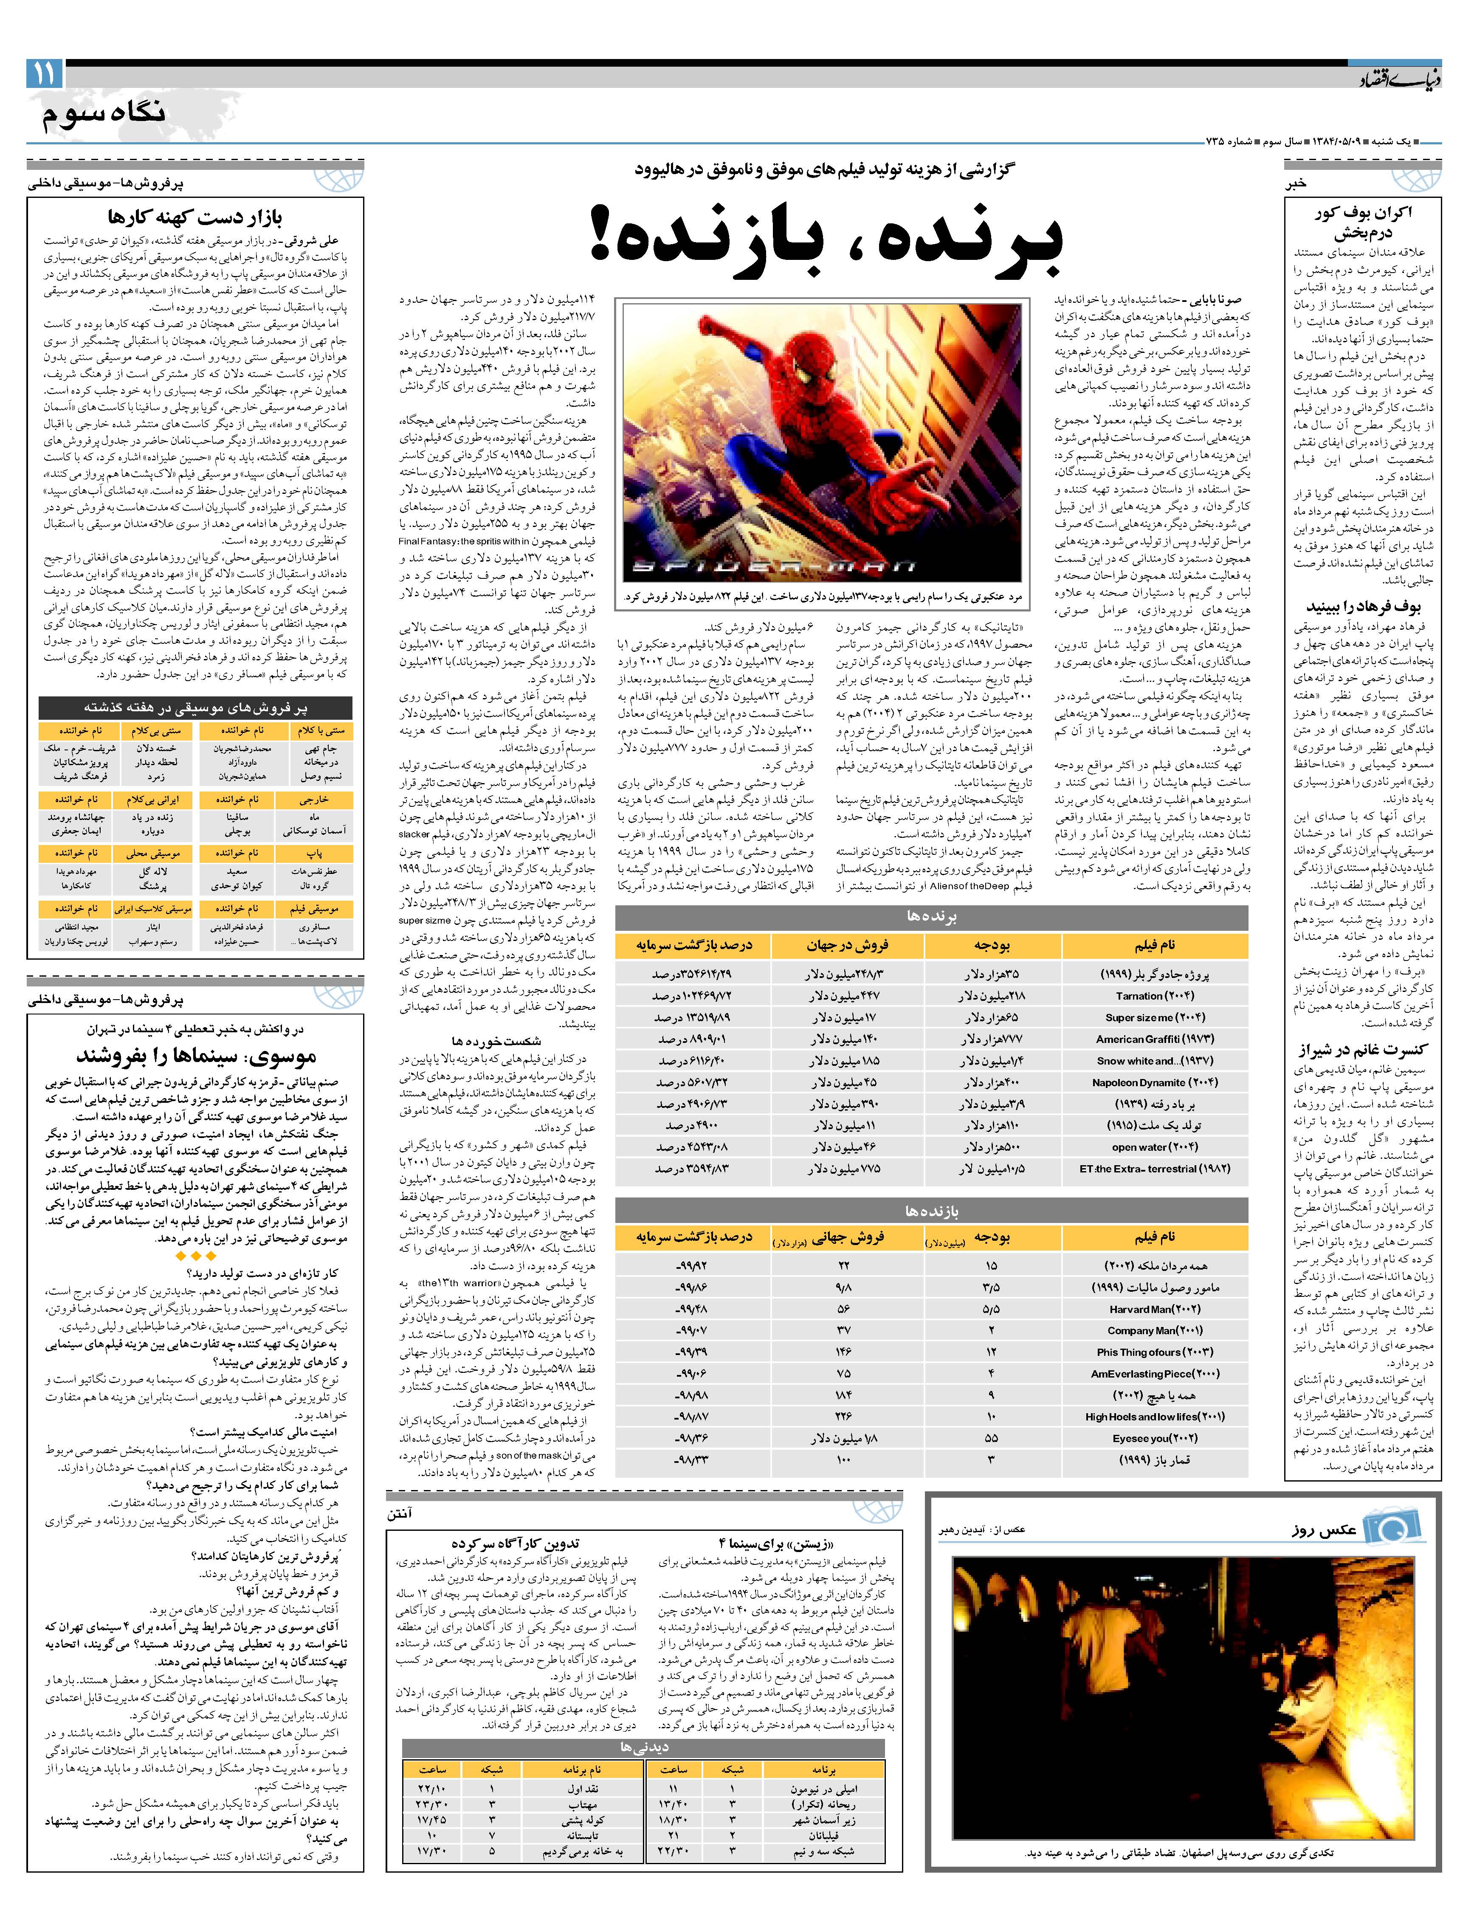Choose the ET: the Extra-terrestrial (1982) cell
(x=1148, y=1169)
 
